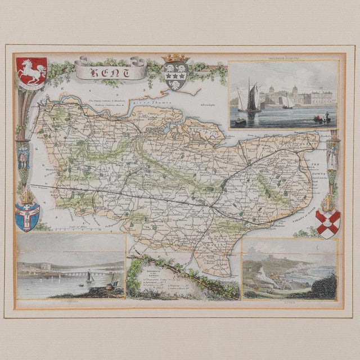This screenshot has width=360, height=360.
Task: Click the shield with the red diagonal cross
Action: coord(327,223)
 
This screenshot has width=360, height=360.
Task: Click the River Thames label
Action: coord(146,102)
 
